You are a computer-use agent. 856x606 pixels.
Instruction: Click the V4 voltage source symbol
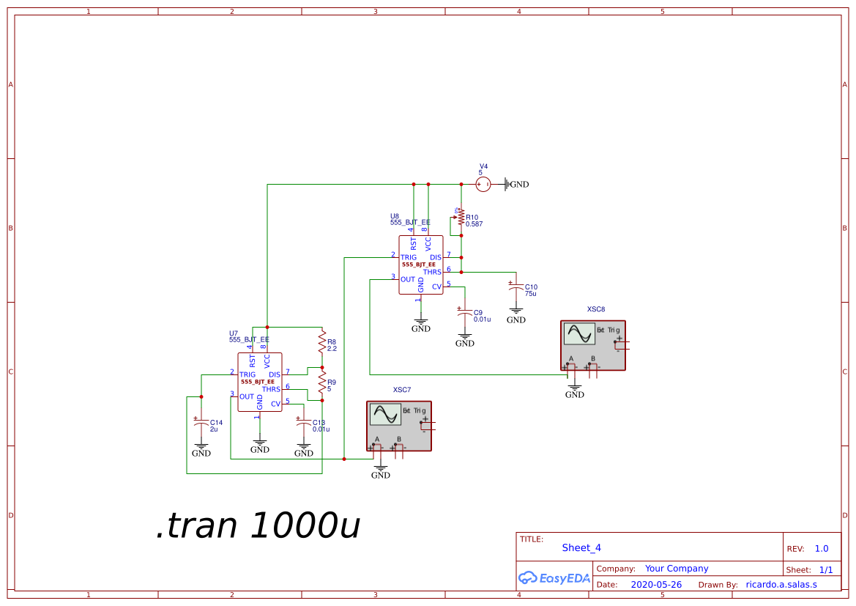point(483,185)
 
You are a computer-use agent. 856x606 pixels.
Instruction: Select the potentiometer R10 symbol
point(461,218)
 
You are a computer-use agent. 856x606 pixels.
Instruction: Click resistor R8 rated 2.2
point(321,342)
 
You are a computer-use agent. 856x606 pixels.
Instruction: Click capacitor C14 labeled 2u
point(201,424)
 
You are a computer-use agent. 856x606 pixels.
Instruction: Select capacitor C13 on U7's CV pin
point(303,424)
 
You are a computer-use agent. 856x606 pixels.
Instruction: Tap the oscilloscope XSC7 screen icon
point(385,415)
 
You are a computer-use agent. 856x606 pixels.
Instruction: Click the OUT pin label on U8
point(407,279)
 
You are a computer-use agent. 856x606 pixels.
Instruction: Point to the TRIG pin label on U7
point(248,374)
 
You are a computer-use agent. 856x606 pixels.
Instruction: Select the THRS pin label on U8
point(432,272)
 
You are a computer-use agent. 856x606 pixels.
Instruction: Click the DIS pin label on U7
point(275,374)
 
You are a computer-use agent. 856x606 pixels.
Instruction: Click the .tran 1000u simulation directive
point(258,525)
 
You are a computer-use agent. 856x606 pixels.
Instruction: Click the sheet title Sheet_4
point(581,547)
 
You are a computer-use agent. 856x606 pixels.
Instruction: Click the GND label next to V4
point(518,185)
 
